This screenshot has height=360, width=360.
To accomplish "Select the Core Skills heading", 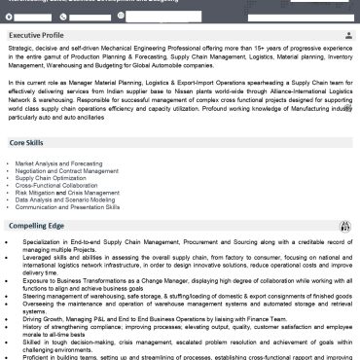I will click(28, 142).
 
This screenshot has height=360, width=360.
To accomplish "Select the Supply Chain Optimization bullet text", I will click(53, 178).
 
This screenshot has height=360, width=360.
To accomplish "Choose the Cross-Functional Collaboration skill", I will click(56, 186).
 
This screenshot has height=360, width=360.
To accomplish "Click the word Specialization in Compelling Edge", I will click(45, 239).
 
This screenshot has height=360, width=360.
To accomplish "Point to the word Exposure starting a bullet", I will click(38, 275).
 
